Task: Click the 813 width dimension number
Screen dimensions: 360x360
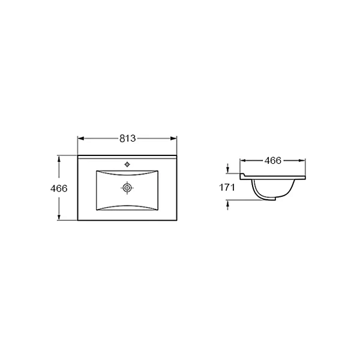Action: pyautogui.click(x=128, y=139)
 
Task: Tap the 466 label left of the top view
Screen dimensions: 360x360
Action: pyautogui.click(x=59, y=188)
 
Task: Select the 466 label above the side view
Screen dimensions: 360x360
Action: pyautogui.click(x=273, y=161)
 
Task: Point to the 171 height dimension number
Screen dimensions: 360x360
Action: pyautogui.click(x=227, y=188)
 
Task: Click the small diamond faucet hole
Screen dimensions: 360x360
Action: pyautogui.click(x=127, y=164)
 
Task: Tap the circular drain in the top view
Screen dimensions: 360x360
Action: pyautogui.click(x=127, y=188)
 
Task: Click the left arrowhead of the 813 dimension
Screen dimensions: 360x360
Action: pyautogui.click(x=81, y=139)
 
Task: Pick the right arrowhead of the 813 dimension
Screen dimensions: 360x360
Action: pyautogui.click(x=173, y=139)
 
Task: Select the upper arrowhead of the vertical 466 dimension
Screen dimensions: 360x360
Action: pyautogui.click(x=59, y=159)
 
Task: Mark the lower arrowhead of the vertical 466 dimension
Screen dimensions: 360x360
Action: pyautogui.click(x=59, y=217)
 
